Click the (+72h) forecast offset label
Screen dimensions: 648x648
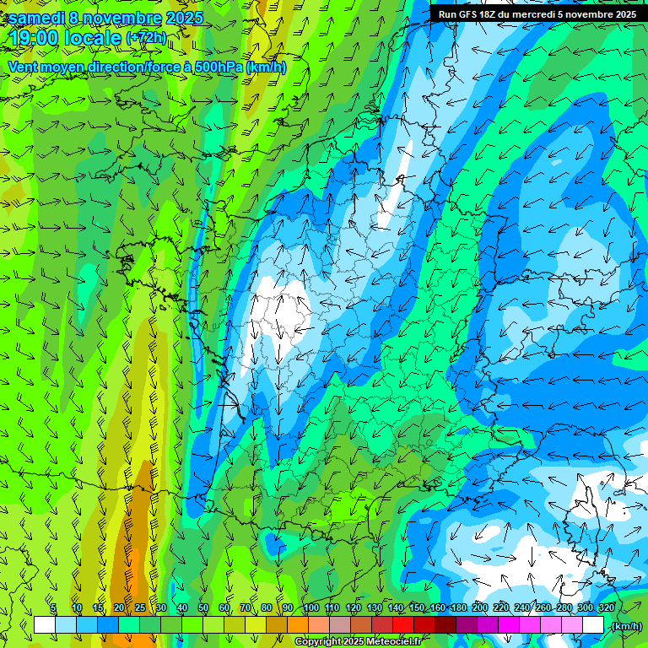tap(146, 39)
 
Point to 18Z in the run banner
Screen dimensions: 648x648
tap(491, 14)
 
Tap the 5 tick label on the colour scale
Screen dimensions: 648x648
tap(53, 608)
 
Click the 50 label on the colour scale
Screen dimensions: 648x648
tap(203, 608)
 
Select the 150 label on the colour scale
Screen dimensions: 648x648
tap(417, 608)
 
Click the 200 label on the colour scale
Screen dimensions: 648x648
tap(479, 608)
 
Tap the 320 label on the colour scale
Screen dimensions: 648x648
tap(606, 608)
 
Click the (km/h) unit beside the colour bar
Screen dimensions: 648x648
tap(625, 626)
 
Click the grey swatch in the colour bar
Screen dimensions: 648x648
tap(339, 625)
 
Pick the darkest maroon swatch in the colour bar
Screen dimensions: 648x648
tap(445, 625)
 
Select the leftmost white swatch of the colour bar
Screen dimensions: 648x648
tap(44, 625)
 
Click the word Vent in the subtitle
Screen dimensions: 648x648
tap(23, 67)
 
